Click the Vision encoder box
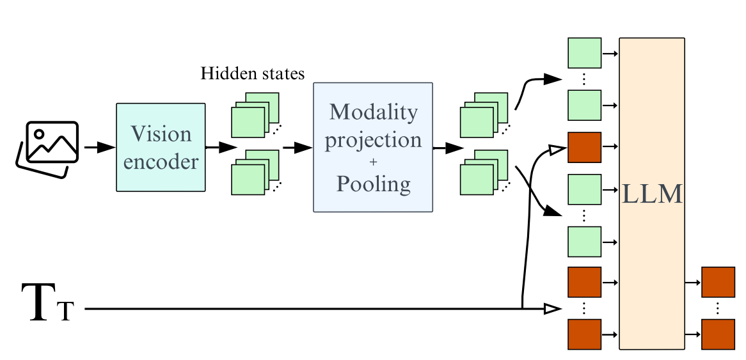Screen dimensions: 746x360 (161, 148)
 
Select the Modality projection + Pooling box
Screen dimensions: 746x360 (373, 148)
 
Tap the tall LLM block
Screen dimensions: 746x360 (652, 194)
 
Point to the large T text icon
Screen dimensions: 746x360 (48, 303)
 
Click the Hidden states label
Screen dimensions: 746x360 (252, 74)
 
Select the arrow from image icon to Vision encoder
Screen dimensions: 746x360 (100, 148)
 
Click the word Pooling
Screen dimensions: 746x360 (374, 184)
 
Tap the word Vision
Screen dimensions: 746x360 (161, 134)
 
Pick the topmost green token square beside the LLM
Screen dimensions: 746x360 (585, 53)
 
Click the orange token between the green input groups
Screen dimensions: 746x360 (585, 148)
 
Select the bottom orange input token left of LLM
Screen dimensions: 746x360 (585, 334)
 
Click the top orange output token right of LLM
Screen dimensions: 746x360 (718, 283)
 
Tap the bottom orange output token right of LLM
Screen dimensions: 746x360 (718, 334)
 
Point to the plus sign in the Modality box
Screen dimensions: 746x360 (373, 162)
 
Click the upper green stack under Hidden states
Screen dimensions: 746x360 (256, 114)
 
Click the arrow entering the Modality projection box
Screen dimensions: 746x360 (298, 148)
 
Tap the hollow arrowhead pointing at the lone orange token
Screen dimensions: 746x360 (558, 150)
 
